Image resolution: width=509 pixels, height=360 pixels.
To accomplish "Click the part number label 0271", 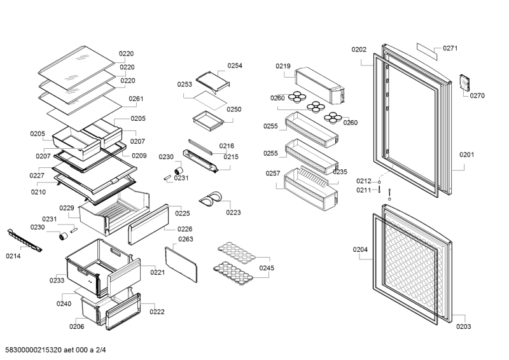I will click(450, 48).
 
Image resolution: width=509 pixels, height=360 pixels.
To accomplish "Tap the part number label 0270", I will click(477, 96).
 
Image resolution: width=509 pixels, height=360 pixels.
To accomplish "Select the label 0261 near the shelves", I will click(136, 99).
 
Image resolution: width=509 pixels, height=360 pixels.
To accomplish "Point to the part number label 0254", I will click(235, 66).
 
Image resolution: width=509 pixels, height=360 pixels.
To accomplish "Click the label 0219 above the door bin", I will click(282, 66).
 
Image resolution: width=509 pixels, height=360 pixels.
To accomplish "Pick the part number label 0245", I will click(267, 268).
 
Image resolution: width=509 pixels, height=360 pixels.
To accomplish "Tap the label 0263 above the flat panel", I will click(186, 239).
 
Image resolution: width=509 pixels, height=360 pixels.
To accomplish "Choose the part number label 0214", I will click(13, 256).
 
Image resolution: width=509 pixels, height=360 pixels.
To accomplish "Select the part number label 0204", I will click(360, 249).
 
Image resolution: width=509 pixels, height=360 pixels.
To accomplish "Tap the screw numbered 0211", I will click(379, 189).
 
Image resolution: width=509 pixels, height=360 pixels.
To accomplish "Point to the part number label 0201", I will click(466, 154).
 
